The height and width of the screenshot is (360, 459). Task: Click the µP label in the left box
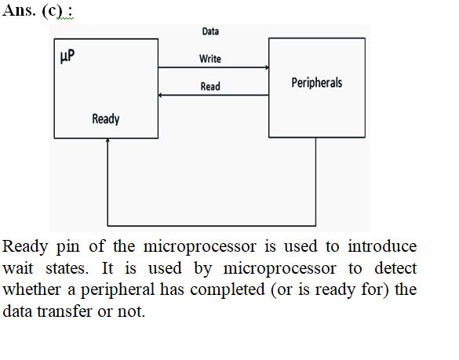pyautogui.click(x=67, y=56)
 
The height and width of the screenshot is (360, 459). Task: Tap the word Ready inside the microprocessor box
pyautogui.click(x=106, y=119)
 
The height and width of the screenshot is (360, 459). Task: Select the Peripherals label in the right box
pyautogui.click(x=317, y=83)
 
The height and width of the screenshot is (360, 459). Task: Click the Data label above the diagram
pyautogui.click(x=210, y=31)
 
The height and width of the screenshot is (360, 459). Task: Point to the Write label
pyautogui.click(x=210, y=59)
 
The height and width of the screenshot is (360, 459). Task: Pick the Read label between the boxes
pyautogui.click(x=210, y=86)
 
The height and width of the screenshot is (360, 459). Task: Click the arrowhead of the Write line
pyautogui.click(x=267, y=67)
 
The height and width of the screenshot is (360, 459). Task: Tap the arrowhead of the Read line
pyautogui.click(x=160, y=95)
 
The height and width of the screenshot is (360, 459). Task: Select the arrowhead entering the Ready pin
pyautogui.click(x=107, y=140)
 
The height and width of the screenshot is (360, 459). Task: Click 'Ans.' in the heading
pyautogui.click(x=19, y=10)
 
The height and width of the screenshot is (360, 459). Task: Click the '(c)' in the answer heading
pyautogui.click(x=53, y=11)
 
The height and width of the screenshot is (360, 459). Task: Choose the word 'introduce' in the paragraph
pyautogui.click(x=382, y=246)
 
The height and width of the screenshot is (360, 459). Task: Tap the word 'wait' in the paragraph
pyautogui.click(x=17, y=268)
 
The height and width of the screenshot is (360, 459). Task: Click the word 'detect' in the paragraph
pyautogui.click(x=395, y=267)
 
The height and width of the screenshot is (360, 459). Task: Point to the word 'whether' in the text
pyautogui.click(x=31, y=289)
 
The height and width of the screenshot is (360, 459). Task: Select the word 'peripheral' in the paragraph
pyautogui.click(x=118, y=290)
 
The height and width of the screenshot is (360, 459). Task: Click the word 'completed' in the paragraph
pyautogui.click(x=228, y=290)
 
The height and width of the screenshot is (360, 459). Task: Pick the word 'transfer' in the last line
pyautogui.click(x=64, y=311)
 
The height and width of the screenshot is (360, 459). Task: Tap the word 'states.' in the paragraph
pyautogui.click(x=67, y=268)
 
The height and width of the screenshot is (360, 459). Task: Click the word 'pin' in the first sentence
pyautogui.click(x=68, y=247)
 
